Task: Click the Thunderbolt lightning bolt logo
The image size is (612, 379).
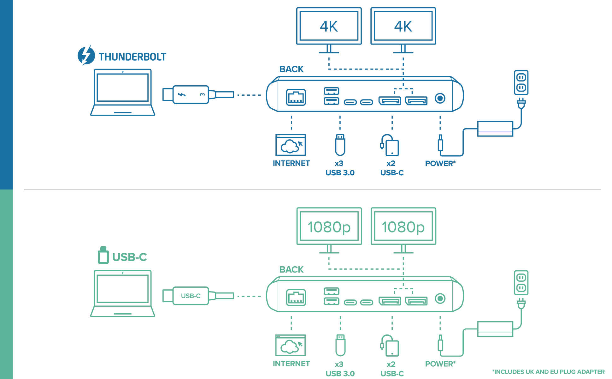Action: pos(86,55)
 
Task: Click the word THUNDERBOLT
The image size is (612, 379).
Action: pos(132,57)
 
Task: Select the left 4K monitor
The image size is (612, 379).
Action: pos(329,26)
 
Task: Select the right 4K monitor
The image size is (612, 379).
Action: pos(403,26)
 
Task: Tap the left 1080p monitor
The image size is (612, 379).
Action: pos(329,226)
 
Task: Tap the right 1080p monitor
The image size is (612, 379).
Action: pos(403,226)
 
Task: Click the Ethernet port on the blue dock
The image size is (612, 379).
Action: pos(296,97)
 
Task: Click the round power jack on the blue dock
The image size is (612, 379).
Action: pos(440,98)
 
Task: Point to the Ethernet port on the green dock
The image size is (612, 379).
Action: pos(296,298)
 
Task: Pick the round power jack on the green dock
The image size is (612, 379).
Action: pos(440,298)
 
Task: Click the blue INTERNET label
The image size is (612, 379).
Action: pos(291,163)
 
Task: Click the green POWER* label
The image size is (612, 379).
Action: pos(440,364)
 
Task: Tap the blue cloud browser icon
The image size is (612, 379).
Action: pos(291,145)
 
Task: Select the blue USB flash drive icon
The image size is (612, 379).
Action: pos(340,145)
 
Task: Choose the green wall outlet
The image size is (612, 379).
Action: pos(521,283)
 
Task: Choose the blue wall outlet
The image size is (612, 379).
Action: pos(521,82)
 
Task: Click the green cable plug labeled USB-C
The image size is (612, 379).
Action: pos(191,296)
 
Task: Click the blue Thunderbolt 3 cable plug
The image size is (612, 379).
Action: pos(191,94)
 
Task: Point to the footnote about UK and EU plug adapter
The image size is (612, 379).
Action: pos(548,372)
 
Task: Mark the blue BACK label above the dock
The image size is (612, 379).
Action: pos(291,69)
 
